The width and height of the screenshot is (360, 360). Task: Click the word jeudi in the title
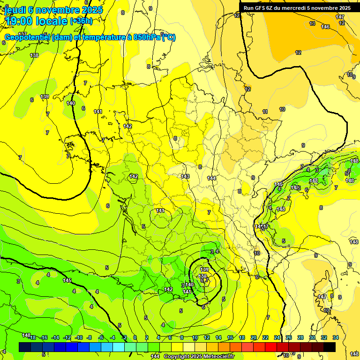(15, 10)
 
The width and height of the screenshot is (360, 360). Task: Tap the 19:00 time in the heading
(21, 21)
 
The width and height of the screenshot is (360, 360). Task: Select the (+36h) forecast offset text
(81, 21)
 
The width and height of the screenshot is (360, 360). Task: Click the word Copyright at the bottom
(177, 357)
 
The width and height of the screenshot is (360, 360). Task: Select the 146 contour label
(325, 27)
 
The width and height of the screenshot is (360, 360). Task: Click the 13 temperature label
(312, 23)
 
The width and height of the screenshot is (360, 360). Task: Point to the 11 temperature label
(265, 112)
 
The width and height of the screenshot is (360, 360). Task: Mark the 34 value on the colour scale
(336, 337)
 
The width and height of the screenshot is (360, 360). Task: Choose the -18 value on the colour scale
(33, 337)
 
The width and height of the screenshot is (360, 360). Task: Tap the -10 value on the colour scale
(79, 337)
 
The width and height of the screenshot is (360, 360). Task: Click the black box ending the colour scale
(330, 347)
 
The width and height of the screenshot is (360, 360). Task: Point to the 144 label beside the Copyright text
(155, 357)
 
